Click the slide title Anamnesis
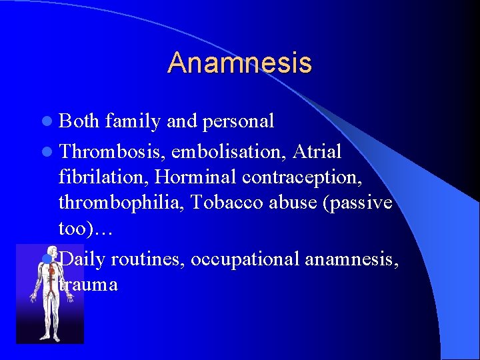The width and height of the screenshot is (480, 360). click(x=239, y=63)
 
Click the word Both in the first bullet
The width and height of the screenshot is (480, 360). click(x=79, y=121)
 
